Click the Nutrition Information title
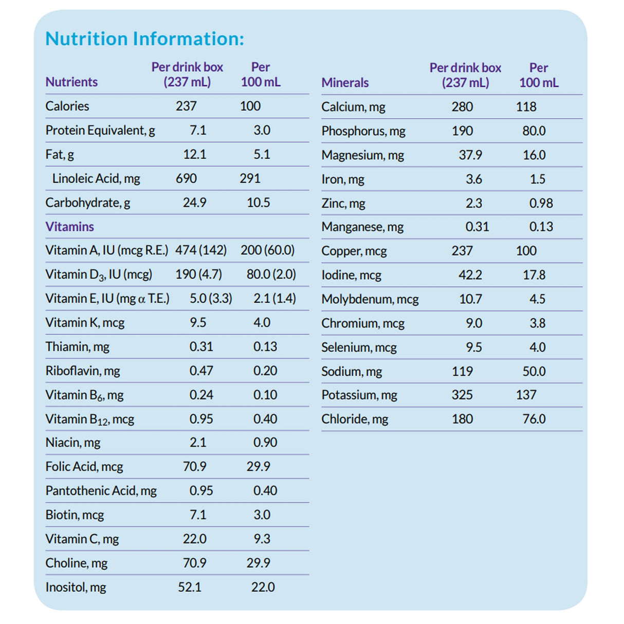[x=144, y=39]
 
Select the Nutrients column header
[x=71, y=82]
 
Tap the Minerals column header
[x=345, y=83]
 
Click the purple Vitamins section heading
[x=69, y=227]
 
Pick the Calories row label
[x=67, y=106]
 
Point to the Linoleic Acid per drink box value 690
[x=186, y=179]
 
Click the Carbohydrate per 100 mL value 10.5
[x=258, y=203]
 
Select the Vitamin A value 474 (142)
[x=200, y=250]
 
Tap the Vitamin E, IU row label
[x=107, y=299]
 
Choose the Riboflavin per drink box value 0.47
[x=201, y=371]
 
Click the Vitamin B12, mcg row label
[x=89, y=419]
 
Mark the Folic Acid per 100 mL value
[x=258, y=467]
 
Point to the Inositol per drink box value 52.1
[x=190, y=588]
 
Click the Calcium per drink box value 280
[x=462, y=107]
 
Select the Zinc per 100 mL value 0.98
[x=541, y=204]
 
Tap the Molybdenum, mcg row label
[x=370, y=299]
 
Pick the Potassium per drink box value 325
[x=462, y=395]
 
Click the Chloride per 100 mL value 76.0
[x=534, y=419]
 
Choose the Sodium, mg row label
[x=352, y=372]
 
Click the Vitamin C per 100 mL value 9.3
[x=262, y=539]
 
